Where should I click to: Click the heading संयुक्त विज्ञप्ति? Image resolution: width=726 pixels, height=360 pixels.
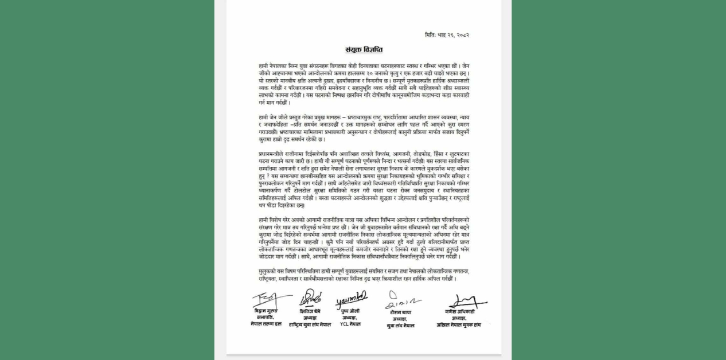point(364,50)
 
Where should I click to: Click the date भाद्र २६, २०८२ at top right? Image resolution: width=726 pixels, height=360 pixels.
point(454,35)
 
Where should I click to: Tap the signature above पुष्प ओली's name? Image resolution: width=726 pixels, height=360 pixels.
point(351,299)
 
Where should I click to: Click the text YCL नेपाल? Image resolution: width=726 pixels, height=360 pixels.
point(350,324)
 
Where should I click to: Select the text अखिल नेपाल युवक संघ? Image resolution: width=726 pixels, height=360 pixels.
point(459,324)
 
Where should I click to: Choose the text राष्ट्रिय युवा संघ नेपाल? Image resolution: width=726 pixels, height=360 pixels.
point(310,324)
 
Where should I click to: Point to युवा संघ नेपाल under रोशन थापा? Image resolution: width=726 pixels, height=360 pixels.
point(400,326)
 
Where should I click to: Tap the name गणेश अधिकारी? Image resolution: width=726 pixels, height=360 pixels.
point(459,311)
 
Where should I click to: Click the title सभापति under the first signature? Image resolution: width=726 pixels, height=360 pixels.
point(266,317)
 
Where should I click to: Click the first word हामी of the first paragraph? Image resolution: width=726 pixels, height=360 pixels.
point(264,66)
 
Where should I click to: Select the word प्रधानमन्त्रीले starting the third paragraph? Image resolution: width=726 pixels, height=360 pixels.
point(276,154)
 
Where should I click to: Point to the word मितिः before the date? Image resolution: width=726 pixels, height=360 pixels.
point(431,35)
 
